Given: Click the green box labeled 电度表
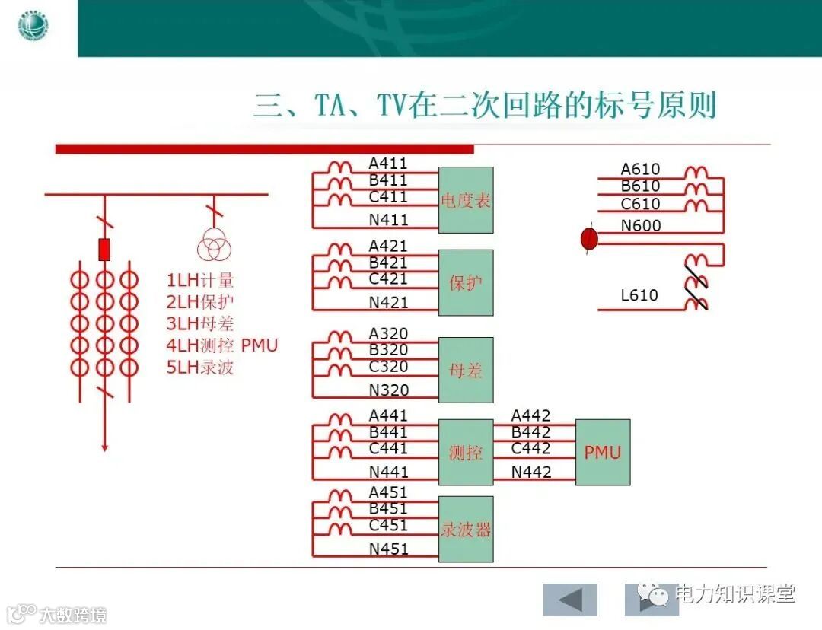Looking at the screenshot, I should pos(466,200).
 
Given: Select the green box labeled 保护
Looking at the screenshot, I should pos(466,283).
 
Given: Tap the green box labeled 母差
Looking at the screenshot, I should pos(466,370).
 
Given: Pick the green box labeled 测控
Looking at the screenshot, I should pos(466,452).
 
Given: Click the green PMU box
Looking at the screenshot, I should pos(603,452).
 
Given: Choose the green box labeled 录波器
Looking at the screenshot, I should pos(466,529).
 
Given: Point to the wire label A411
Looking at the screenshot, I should pos(388,164).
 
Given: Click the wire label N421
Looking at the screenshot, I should pos(389,303).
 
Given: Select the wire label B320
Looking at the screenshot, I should pos(388,350).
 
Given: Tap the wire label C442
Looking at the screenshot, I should pos(531,448).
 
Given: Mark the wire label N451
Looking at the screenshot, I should pos(389,549).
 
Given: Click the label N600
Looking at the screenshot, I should pos(641,226).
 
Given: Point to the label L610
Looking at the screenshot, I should pos(639,295).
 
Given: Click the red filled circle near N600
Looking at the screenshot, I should pos(589,240).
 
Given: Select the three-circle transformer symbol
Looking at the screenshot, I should pos(213,247).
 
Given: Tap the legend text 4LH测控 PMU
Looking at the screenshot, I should pos(222,345).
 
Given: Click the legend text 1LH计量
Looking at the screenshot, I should pos(200,280).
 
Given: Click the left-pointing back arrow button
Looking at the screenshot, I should pos(570,600).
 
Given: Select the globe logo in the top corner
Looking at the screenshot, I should pos(33,27).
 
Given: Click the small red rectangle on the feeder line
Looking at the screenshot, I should pos(104,249).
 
